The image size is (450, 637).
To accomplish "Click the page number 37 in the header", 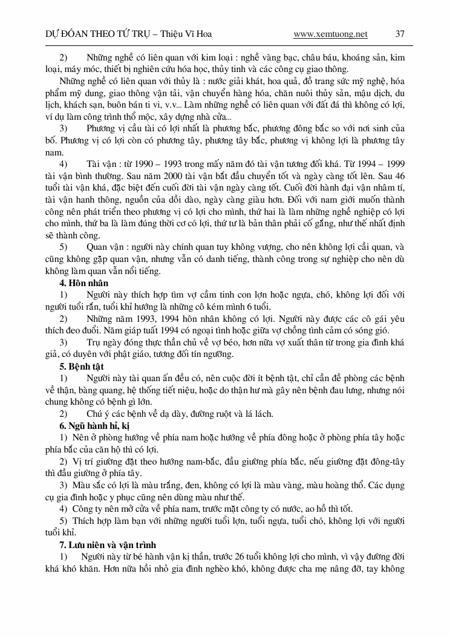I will [399, 34].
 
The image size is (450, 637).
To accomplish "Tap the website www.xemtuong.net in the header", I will [330, 34].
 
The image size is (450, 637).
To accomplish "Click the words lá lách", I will [259, 414].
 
